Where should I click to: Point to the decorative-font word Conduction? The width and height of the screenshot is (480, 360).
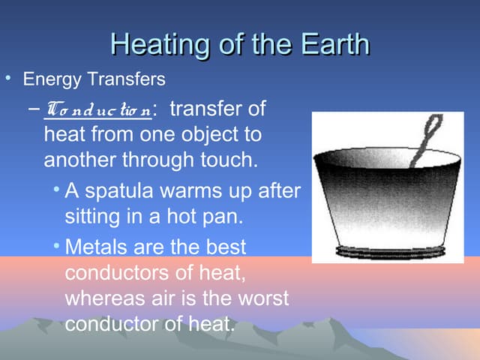[97, 111]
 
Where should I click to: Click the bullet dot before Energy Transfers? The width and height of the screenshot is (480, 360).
[8, 78]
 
